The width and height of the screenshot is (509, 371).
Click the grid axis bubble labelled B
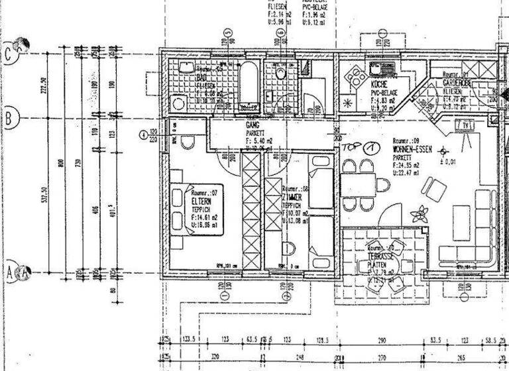10,119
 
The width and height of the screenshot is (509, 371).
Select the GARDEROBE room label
456,83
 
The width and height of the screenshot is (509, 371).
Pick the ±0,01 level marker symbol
445,150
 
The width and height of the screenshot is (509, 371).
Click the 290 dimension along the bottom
382,340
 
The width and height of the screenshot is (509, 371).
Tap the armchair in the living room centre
435,189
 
